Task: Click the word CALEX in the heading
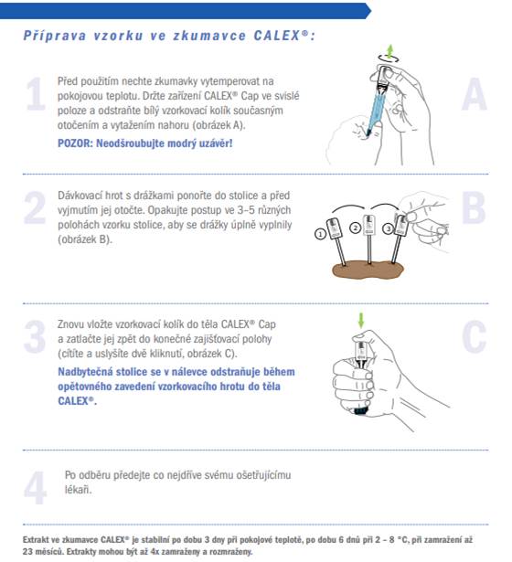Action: pos(277,36)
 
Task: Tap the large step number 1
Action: pos(36,94)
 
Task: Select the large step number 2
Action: pos(35,207)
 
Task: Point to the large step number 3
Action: pos(35,336)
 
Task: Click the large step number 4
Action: pos(35,488)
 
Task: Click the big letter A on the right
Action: pos(475,94)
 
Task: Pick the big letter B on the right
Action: pos(474,207)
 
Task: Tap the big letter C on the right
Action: pos(474,336)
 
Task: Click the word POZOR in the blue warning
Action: pos(75,143)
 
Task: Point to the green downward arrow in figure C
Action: pos(361,320)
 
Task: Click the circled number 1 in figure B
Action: pos(320,234)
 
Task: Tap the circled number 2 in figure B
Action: pos(356,228)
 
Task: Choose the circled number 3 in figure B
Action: pos(388,228)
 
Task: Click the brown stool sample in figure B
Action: pos(368,270)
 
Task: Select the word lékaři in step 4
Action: pos(78,489)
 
